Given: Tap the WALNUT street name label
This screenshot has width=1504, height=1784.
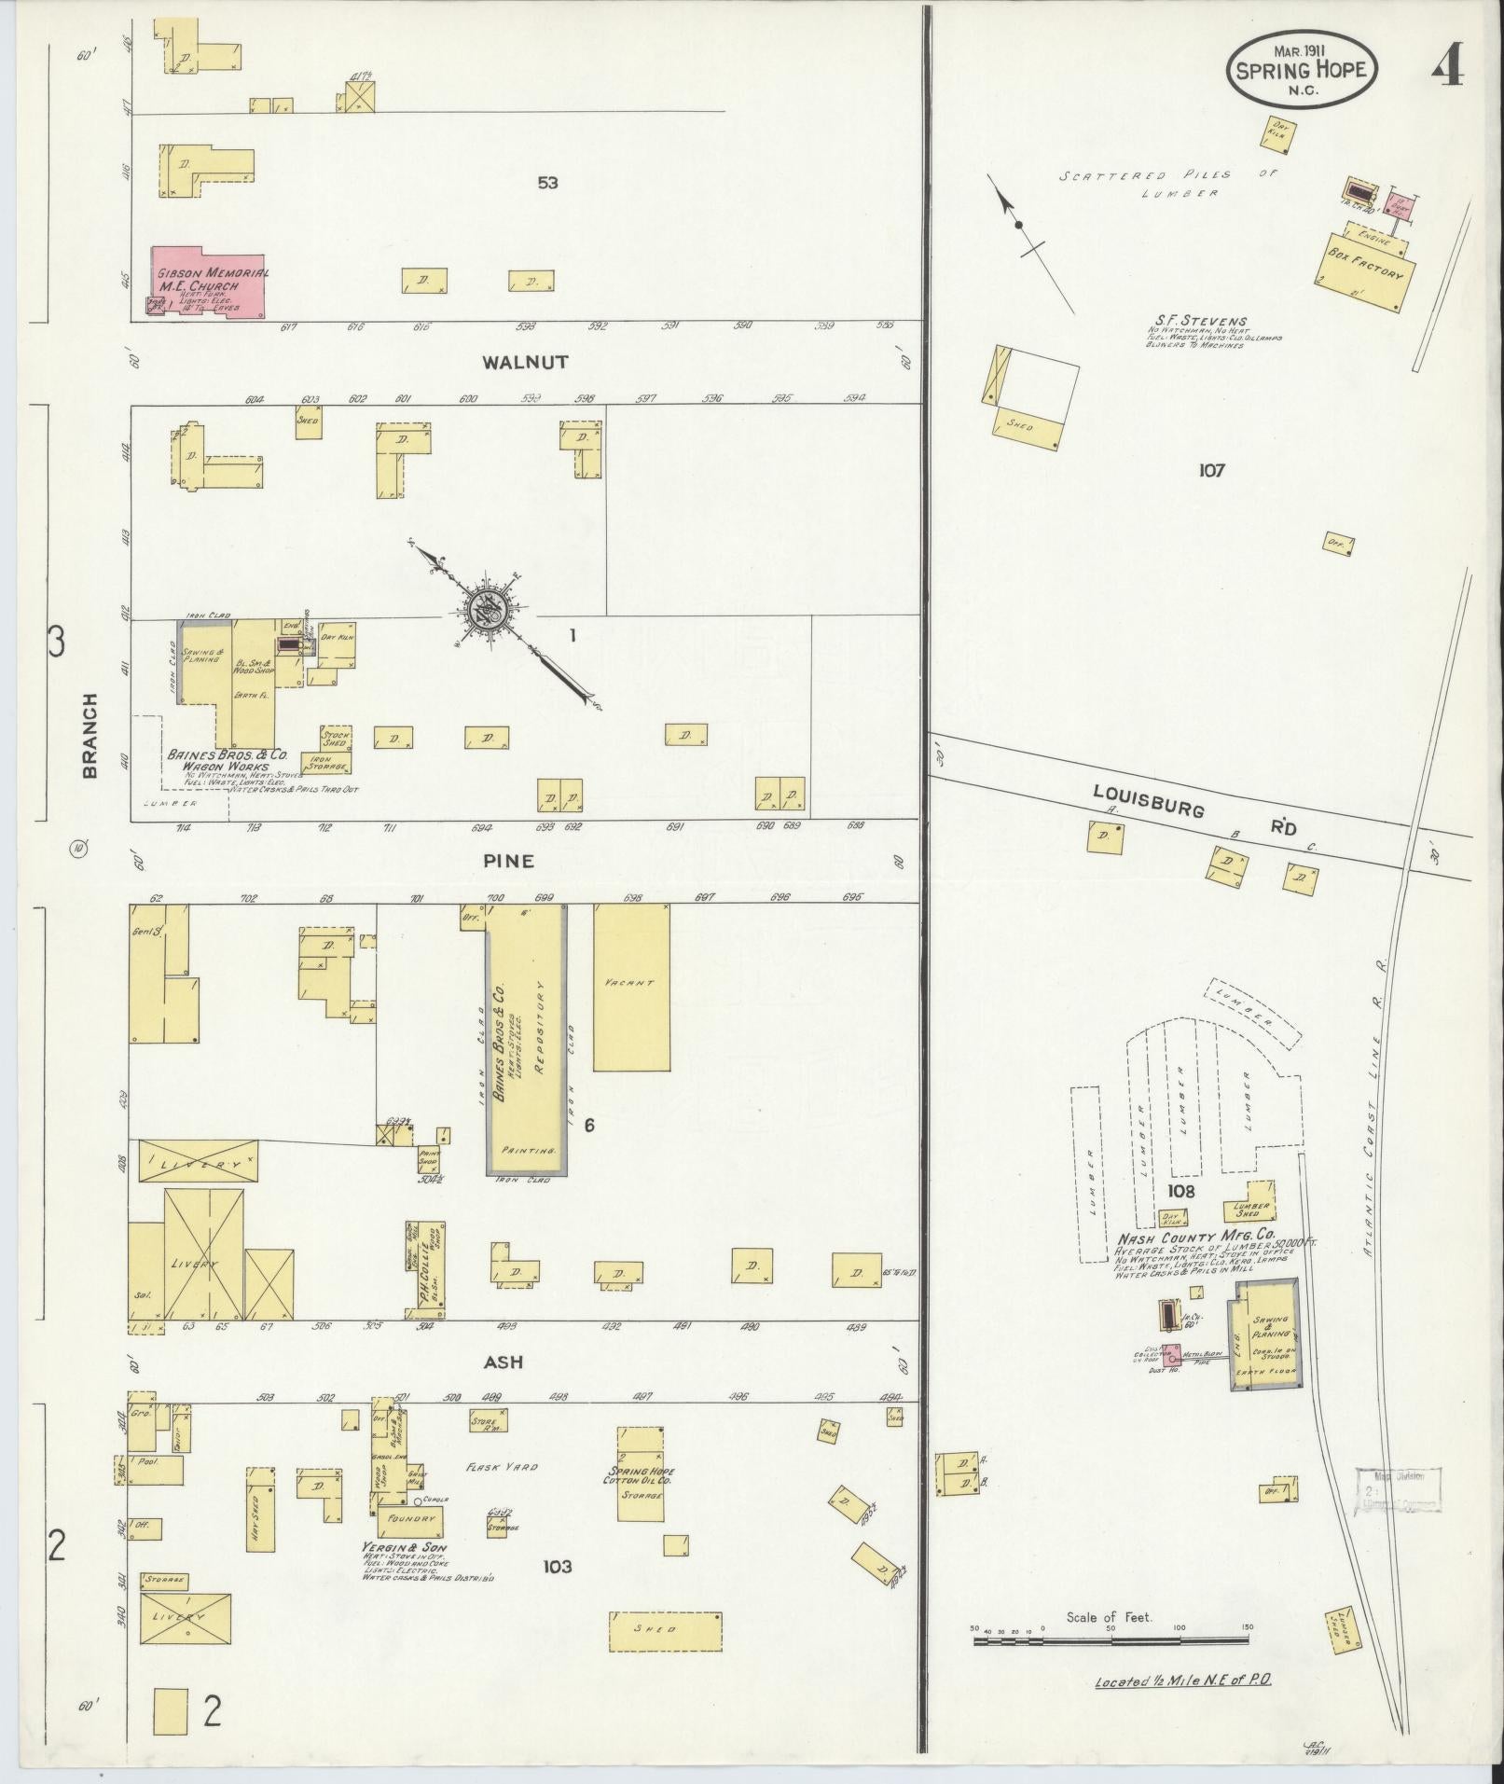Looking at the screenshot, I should pyautogui.click(x=525, y=362).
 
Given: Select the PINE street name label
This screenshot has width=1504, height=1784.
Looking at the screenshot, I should pyautogui.click(x=508, y=861).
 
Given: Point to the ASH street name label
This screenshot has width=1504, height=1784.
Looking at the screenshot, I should pyautogui.click(x=503, y=1362).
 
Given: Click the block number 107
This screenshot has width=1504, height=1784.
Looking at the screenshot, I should pyautogui.click(x=1211, y=471).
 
